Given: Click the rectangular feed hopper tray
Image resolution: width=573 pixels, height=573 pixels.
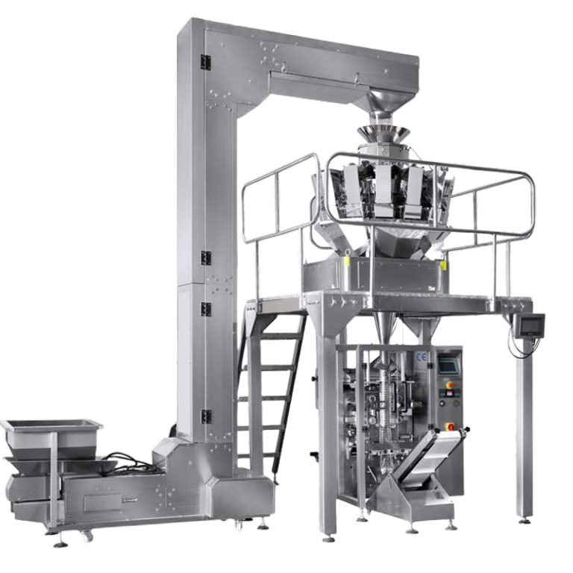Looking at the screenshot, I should point(51,428).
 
